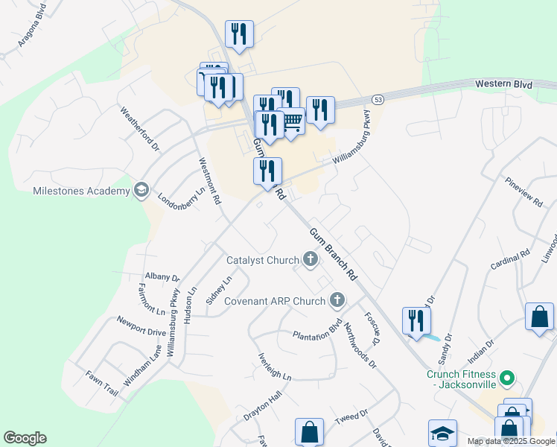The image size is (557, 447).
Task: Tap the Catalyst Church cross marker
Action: click(x=310, y=260)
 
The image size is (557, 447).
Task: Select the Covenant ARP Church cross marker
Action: click(x=337, y=300)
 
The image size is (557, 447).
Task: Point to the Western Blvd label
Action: click(x=504, y=85)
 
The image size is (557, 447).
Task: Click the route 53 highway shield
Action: click(x=378, y=99)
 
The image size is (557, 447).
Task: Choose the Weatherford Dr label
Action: click(x=140, y=128)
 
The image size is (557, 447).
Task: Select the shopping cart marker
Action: click(x=291, y=121)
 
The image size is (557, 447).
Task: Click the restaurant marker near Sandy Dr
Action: click(x=416, y=321)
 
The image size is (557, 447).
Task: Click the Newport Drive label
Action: click(x=141, y=326)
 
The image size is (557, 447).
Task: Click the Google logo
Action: click(x=25, y=438)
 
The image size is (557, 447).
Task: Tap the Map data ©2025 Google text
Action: click(x=510, y=441)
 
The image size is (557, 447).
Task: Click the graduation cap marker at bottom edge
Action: click(x=442, y=434)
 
